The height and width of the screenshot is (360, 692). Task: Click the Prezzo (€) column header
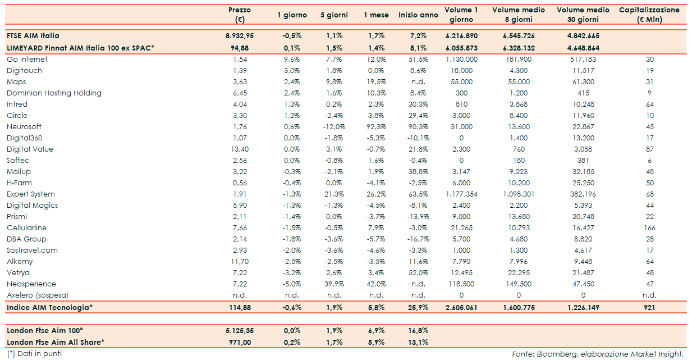[x=240, y=15]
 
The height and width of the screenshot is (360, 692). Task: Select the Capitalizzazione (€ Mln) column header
[x=650, y=15]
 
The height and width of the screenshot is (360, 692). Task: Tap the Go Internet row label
[x=27, y=59]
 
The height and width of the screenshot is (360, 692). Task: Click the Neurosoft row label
[x=24, y=126]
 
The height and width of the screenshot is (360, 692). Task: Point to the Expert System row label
[x=31, y=194]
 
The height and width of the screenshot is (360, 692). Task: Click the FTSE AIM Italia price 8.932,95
[x=240, y=35]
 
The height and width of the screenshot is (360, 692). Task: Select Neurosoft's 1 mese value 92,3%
[x=376, y=126]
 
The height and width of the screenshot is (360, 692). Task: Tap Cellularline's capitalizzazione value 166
[x=650, y=227]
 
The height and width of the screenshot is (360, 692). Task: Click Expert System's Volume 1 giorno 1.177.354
[x=461, y=194]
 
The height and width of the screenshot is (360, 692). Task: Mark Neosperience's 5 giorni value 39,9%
[x=334, y=284]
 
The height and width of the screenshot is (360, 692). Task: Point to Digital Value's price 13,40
[x=240, y=149]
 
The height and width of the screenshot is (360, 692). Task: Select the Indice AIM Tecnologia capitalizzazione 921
[x=650, y=307]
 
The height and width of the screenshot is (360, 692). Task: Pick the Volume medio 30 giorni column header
[x=583, y=15]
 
